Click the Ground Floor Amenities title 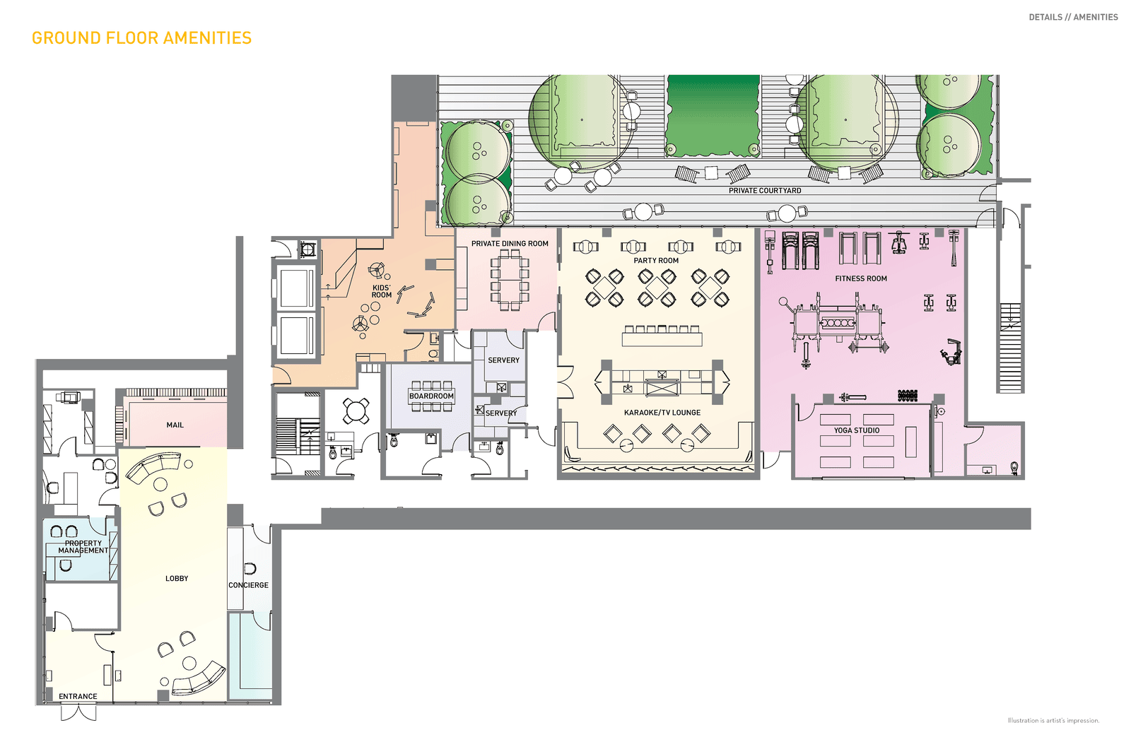pyautogui.click(x=141, y=38)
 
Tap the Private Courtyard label pyautogui.click(x=764, y=191)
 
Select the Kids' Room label pyautogui.click(x=382, y=291)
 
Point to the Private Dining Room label pyautogui.click(x=510, y=244)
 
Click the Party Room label pyautogui.click(x=656, y=261)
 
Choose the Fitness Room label pyautogui.click(x=861, y=278)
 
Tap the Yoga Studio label pyautogui.click(x=856, y=430)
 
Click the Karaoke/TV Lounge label pyautogui.click(x=662, y=413)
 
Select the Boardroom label pyautogui.click(x=431, y=396)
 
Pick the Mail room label pyautogui.click(x=175, y=425)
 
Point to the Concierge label pyautogui.click(x=248, y=585)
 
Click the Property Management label pyautogui.click(x=83, y=547)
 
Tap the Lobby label pyautogui.click(x=177, y=578)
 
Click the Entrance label pyautogui.click(x=78, y=697)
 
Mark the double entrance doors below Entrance pyautogui.click(x=78, y=712)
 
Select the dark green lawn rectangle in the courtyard pyautogui.click(x=713, y=115)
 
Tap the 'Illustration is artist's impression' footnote pyautogui.click(x=1053, y=721)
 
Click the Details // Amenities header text pyautogui.click(x=1073, y=17)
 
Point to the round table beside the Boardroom pyautogui.click(x=356, y=411)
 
